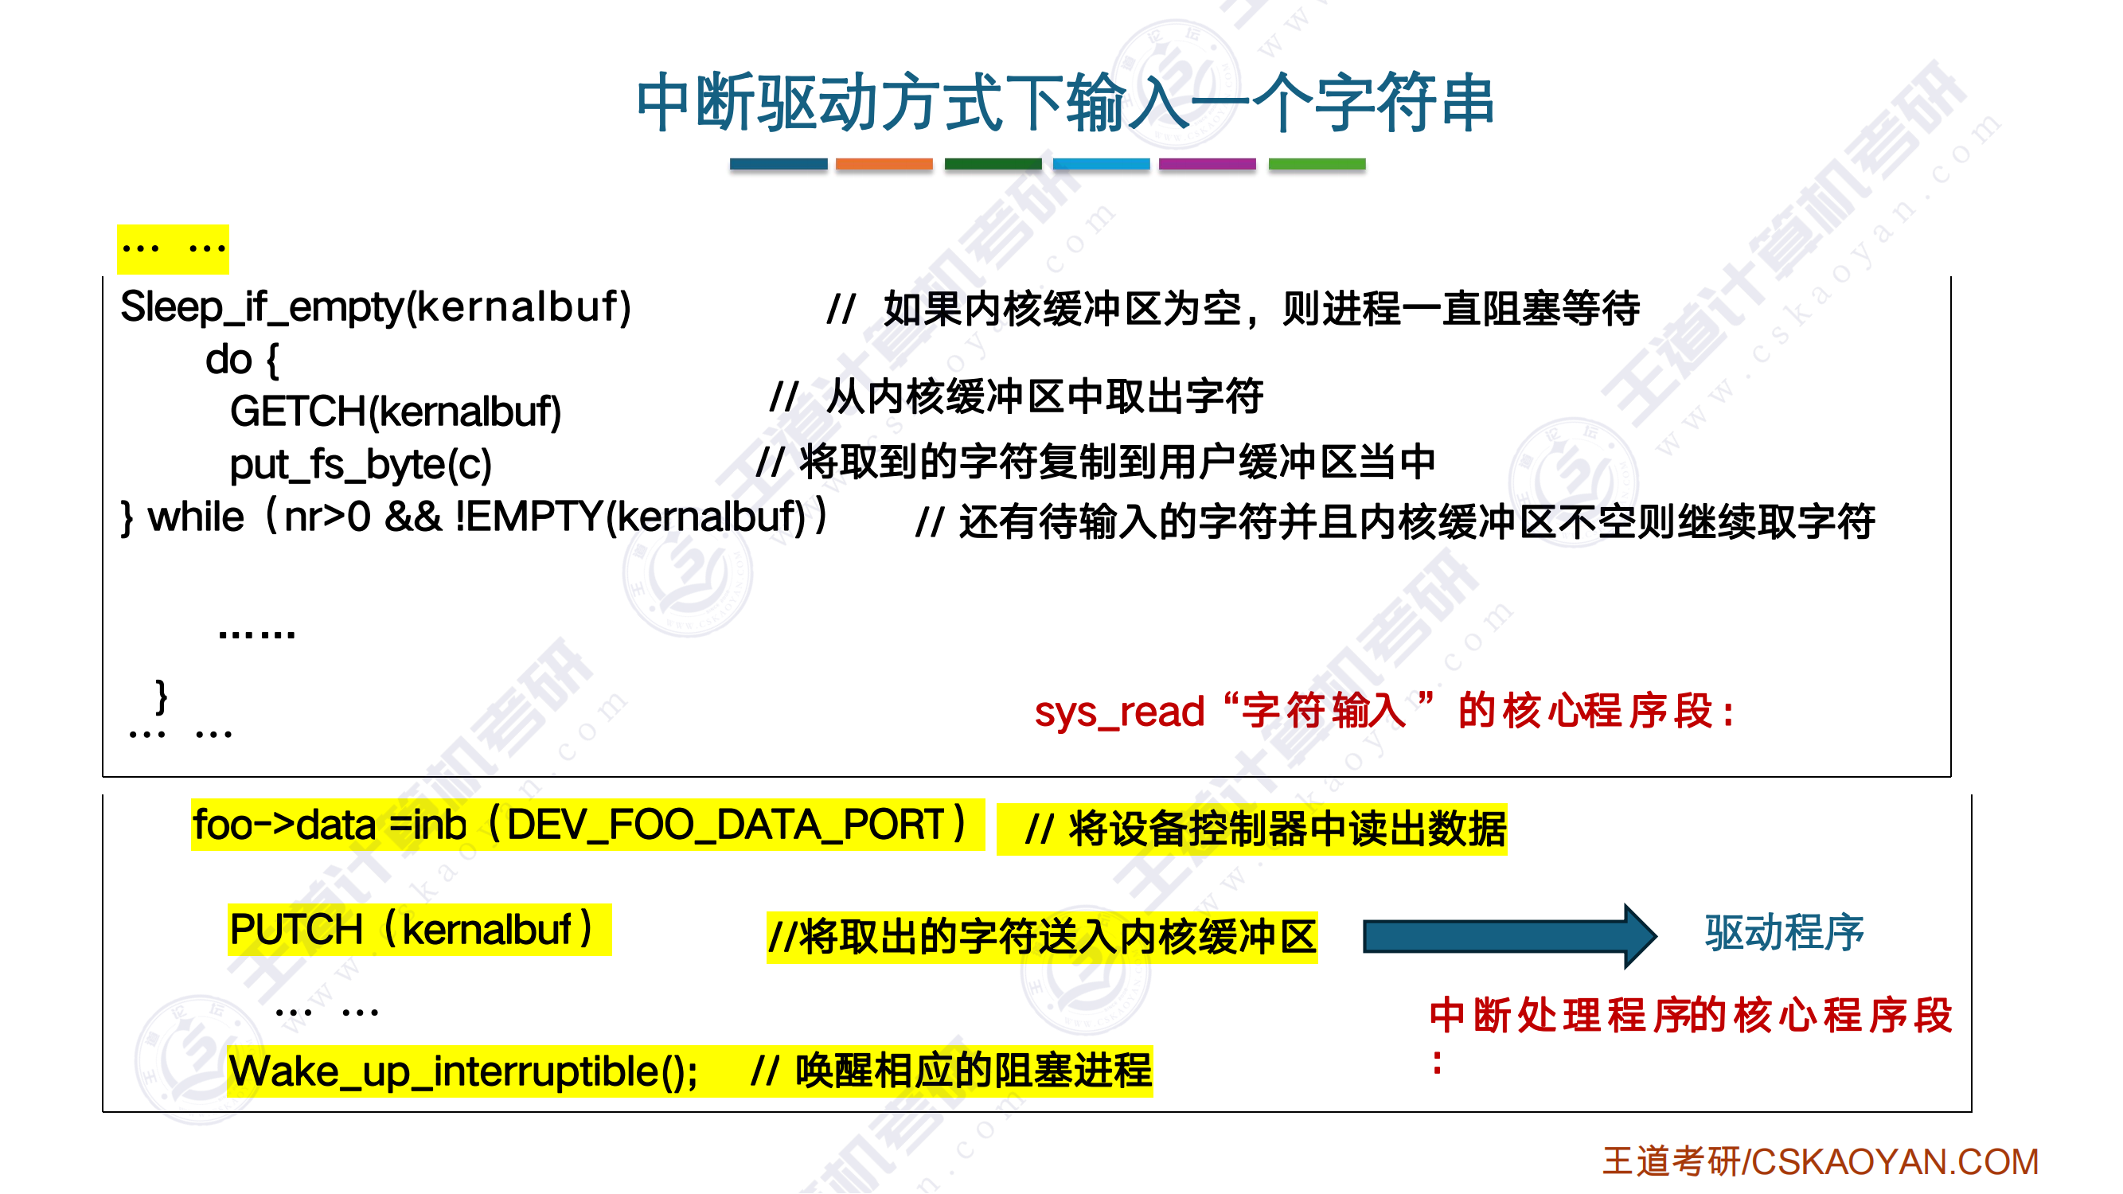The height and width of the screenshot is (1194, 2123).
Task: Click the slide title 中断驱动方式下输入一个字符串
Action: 1065,103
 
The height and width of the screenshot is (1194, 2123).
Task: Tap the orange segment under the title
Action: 884,164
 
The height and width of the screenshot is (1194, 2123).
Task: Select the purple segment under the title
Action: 1208,164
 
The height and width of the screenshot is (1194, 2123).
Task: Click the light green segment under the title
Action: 1317,164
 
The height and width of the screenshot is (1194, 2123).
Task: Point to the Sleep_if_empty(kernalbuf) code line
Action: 376,307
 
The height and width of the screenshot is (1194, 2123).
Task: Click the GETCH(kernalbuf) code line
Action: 396,412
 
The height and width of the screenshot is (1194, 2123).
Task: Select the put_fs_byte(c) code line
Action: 361,464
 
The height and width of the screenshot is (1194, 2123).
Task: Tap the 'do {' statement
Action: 242,359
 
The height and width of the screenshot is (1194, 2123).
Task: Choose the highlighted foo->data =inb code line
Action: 587,825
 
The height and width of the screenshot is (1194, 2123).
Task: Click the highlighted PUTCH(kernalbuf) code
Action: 420,930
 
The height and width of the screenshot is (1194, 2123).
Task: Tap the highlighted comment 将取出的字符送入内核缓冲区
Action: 1042,937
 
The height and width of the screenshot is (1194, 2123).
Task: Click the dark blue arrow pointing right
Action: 1510,936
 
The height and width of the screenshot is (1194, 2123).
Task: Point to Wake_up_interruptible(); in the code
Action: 464,1071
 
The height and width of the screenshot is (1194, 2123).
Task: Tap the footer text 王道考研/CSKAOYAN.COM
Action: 1821,1161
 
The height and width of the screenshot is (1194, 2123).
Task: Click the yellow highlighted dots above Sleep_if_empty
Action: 173,249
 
